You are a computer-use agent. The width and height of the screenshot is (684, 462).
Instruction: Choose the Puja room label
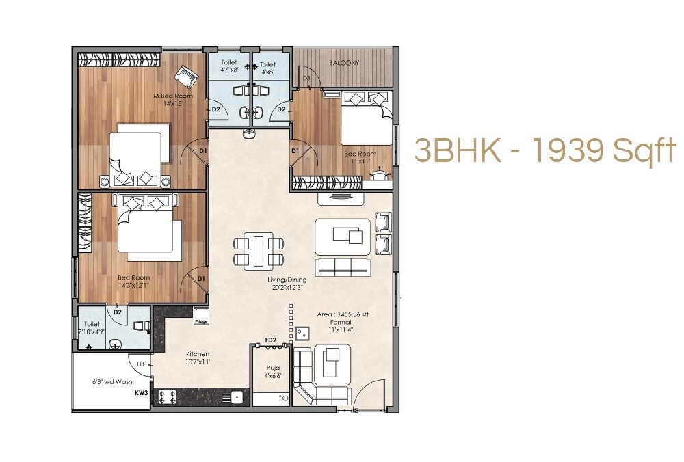point(273,371)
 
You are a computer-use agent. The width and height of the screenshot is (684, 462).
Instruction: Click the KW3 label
point(142,393)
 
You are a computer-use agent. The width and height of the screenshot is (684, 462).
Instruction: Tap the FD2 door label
point(270,340)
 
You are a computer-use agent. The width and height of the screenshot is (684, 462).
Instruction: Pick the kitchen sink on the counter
point(237,396)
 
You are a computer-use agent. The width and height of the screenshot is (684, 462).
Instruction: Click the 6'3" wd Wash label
point(112,382)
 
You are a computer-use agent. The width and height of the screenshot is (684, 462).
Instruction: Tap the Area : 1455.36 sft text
point(343,314)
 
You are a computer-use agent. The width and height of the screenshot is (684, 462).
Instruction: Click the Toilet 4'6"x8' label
point(228,67)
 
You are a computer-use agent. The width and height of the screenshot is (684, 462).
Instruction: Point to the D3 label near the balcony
point(306,79)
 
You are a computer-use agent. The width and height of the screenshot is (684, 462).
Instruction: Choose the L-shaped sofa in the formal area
point(321,376)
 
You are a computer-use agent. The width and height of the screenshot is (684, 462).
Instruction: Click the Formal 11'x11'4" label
point(340,326)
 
